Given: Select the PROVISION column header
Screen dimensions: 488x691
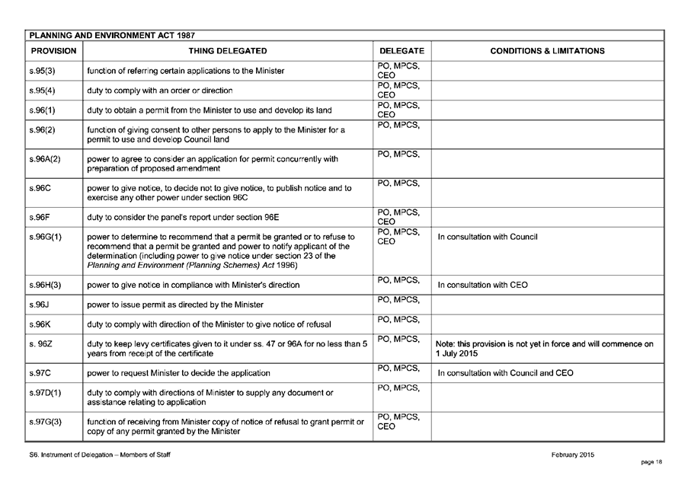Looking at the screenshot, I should [x=53, y=51].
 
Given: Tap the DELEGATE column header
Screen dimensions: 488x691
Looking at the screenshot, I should [x=401, y=51].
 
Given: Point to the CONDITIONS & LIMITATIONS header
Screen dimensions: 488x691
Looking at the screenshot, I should [x=547, y=51].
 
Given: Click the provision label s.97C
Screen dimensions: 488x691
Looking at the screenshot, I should [x=40, y=373].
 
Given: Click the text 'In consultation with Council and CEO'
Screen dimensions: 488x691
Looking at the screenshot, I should [x=506, y=373].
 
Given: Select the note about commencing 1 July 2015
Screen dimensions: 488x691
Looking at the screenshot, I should [x=544, y=349].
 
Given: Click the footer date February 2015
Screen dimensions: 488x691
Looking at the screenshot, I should [x=572, y=455].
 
